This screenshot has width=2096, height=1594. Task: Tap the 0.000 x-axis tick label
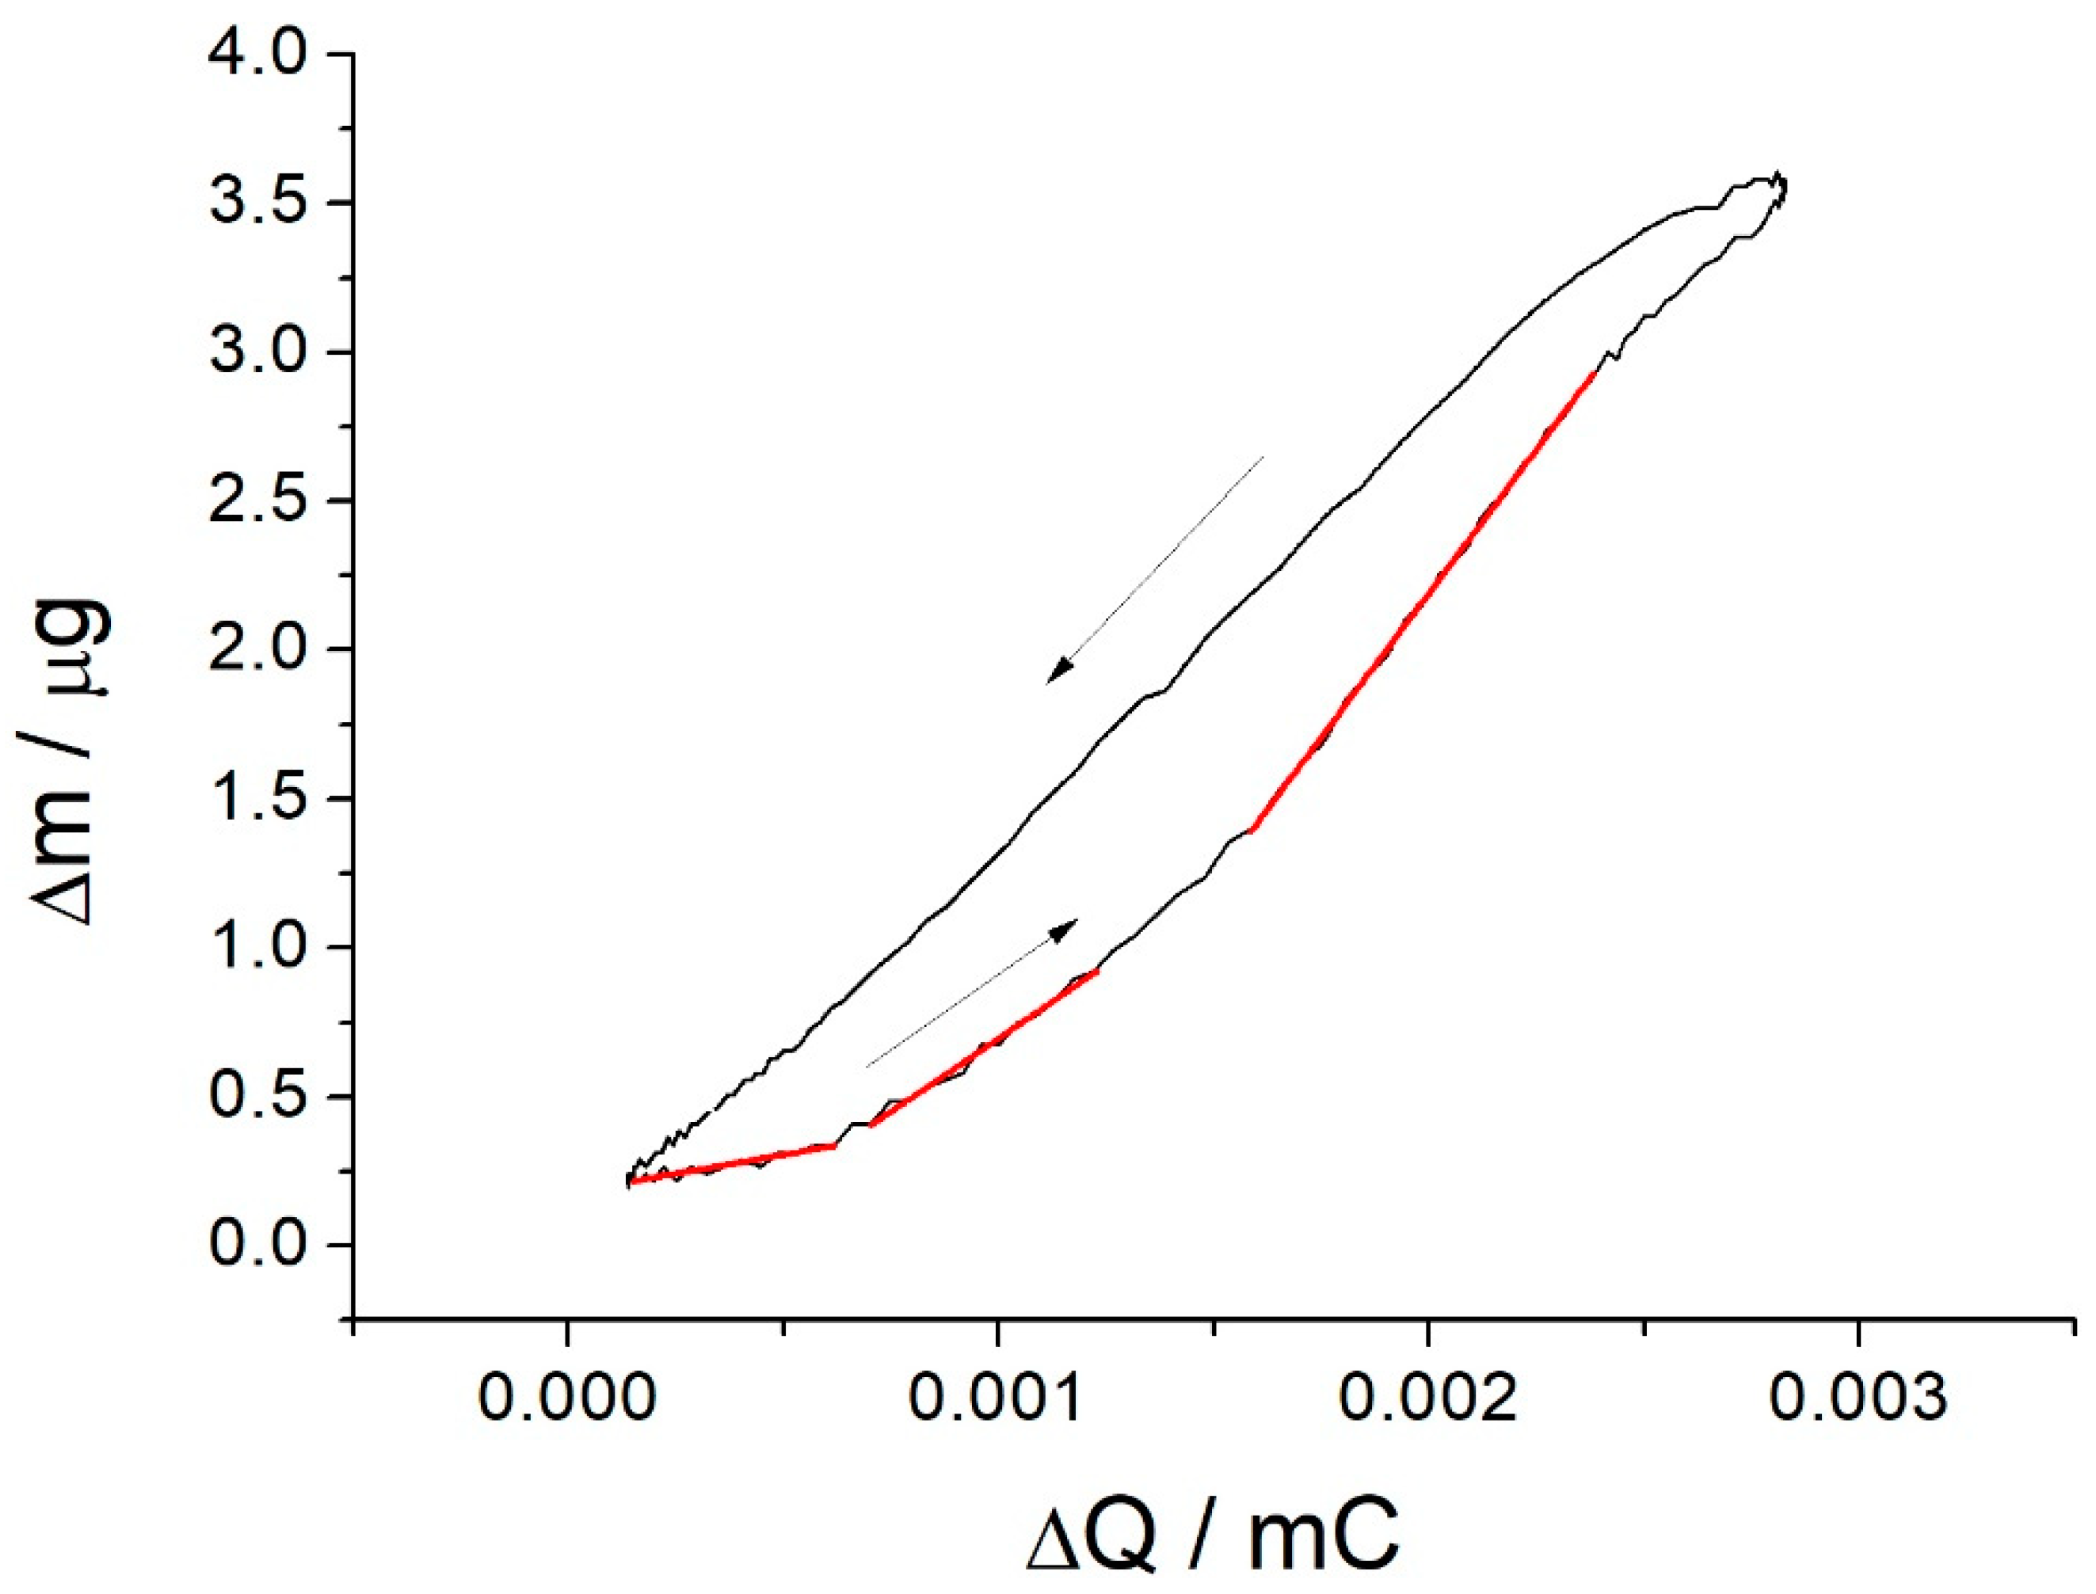[x=566, y=1398]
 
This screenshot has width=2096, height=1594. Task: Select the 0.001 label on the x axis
[x=997, y=1398]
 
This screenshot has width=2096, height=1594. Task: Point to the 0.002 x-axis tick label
[x=1427, y=1398]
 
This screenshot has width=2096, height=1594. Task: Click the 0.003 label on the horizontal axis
[x=1858, y=1398]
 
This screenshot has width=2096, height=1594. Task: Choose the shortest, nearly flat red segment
[x=732, y=1163]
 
